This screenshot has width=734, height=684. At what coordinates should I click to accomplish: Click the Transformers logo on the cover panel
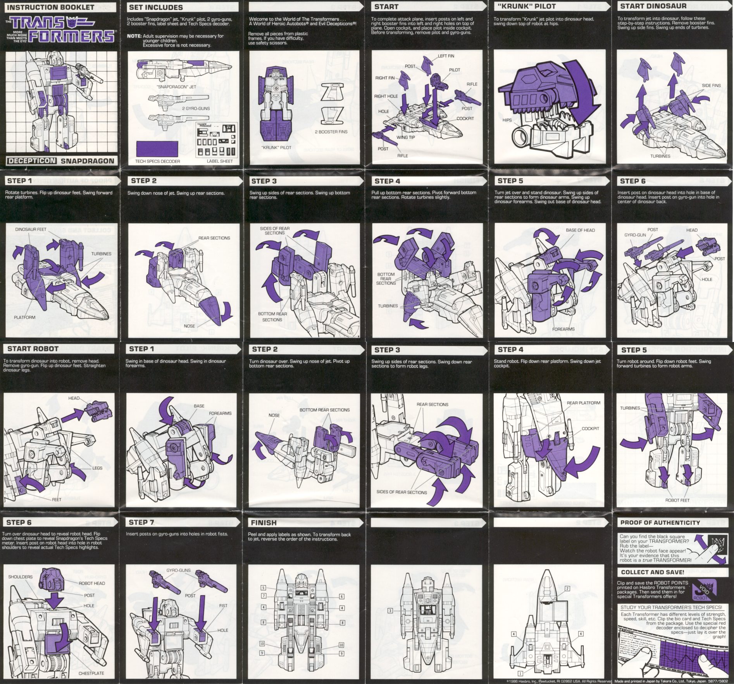coord(62,29)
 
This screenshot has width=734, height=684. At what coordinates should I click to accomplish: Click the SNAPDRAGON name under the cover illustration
coord(88,161)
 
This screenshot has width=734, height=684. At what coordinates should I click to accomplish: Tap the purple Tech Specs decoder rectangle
coord(157,149)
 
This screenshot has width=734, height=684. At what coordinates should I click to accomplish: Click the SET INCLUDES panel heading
coord(156,7)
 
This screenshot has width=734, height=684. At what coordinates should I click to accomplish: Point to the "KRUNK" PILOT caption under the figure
coord(276,148)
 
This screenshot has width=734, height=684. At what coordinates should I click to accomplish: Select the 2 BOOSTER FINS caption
coord(331,132)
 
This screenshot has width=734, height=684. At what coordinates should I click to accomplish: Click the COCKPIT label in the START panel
coord(465,119)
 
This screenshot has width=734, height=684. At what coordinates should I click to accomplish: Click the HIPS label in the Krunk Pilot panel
coord(507,120)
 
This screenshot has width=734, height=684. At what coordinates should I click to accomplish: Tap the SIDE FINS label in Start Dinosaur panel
coord(711,86)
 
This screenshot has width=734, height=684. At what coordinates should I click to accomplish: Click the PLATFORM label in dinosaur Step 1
coord(24,317)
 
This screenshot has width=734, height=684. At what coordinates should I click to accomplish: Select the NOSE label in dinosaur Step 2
coord(190,326)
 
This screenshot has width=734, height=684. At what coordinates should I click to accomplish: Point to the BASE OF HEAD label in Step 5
coord(580,230)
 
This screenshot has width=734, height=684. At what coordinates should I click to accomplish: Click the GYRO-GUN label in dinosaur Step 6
coord(635,235)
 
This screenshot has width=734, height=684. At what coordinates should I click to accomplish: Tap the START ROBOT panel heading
coord(33,349)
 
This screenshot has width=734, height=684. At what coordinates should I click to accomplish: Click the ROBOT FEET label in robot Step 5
coord(677,500)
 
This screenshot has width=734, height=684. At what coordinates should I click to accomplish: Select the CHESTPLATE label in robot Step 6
coord(91,673)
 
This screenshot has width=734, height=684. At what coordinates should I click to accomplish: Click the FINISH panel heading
coord(264,522)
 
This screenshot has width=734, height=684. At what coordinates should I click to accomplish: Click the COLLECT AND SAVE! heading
coord(653,572)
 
